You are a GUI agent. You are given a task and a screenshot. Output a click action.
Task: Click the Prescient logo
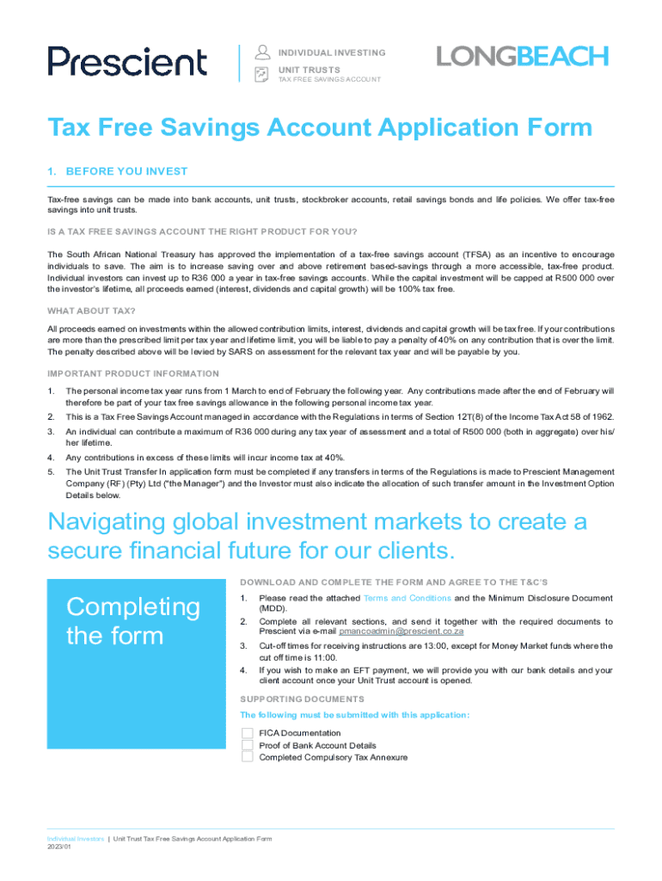point(127,61)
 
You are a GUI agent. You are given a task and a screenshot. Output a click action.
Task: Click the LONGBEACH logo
point(522,57)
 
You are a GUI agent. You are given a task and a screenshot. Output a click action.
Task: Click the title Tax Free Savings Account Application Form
point(320,128)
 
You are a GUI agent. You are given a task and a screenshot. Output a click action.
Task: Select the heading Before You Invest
point(118,171)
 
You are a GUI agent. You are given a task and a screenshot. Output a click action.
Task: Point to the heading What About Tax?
point(91,311)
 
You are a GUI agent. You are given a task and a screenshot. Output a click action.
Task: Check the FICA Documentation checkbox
point(247,733)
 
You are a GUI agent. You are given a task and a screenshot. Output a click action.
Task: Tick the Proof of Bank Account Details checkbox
point(247,745)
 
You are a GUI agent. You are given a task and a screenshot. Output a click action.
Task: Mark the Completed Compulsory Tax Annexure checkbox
point(247,757)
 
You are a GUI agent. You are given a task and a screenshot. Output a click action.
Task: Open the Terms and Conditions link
point(407,598)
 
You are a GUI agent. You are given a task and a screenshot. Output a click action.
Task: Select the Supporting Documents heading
point(302,699)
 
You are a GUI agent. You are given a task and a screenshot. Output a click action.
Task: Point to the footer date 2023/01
point(59,847)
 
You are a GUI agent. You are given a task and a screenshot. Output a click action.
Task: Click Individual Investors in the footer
point(76,838)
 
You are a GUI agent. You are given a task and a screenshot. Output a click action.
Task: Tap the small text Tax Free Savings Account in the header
point(328,79)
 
